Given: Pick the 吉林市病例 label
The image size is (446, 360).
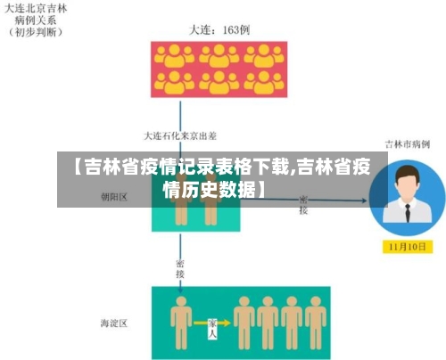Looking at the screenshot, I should tap(407, 143).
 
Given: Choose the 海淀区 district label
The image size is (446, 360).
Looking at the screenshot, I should tap(114, 322).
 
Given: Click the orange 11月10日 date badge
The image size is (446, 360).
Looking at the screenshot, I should tap(407, 246).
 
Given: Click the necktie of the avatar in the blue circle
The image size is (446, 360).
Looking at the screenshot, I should tap(408, 214).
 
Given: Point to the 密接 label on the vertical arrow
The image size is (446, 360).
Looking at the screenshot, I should tap(180, 268).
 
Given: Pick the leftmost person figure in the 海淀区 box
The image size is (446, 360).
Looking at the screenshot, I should tap(182, 322).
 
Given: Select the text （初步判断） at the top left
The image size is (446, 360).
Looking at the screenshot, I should tap(35, 33).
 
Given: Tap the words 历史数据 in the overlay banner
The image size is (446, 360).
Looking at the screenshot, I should tap(211, 189).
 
